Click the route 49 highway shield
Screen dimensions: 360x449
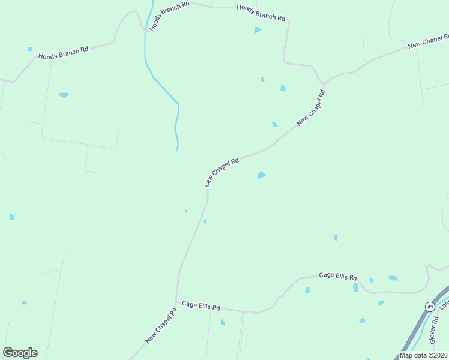tap(430, 307)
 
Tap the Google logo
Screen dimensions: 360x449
tap(20, 353)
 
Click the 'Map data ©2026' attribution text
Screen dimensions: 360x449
tap(423, 355)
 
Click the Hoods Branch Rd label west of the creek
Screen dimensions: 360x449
tap(63, 53)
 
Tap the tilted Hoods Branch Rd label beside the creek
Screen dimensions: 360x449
tap(169, 16)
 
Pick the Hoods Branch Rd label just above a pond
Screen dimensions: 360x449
tap(261, 13)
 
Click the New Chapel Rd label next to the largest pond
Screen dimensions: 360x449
tap(222, 172)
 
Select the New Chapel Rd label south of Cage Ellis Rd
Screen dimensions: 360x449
tap(161, 325)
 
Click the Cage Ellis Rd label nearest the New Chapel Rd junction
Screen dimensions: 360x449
tap(201, 307)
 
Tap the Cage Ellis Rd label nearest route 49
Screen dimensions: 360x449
tap(338, 276)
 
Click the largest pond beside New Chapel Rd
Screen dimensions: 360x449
tap(261, 175)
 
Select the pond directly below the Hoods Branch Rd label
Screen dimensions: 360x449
tap(257, 29)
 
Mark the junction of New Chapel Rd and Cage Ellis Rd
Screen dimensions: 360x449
tap(176, 302)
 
